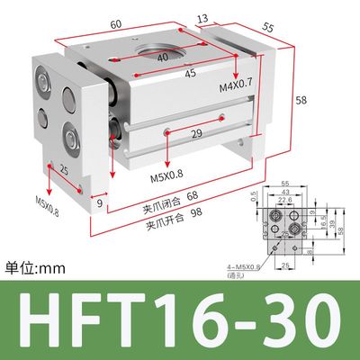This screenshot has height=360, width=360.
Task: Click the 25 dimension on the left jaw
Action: (x=38, y=168)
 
